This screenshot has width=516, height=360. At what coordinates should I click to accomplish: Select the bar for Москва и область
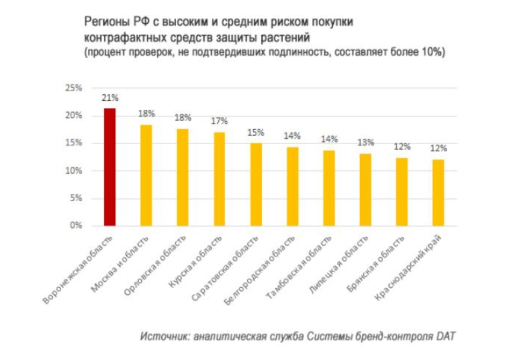coord(146,176)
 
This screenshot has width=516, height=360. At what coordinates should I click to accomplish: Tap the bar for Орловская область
coord(183,177)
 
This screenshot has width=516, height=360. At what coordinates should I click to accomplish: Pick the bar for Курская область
coord(219,179)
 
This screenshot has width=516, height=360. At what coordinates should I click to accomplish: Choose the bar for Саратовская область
coord(256,184)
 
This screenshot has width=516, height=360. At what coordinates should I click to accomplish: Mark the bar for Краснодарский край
coord(438,193)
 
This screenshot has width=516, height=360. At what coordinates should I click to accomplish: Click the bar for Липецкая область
coord(365,190)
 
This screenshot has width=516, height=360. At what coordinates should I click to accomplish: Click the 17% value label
coord(219,122)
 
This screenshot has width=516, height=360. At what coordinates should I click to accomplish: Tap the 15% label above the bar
coord(256,132)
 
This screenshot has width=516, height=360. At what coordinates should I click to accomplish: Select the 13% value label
coord(365,142)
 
